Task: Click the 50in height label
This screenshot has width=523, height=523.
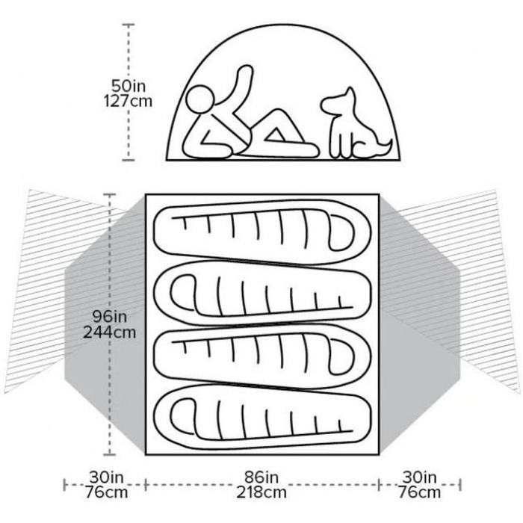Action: coord(129,86)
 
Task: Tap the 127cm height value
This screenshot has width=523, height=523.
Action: coord(128,101)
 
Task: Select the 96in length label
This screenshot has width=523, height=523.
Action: coord(110,316)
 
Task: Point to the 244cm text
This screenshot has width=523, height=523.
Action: coord(109,332)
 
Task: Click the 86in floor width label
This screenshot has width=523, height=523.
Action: coord(261,477)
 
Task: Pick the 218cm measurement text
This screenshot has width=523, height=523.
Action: coord(261,492)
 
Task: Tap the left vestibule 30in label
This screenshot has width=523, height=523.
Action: coord(106,477)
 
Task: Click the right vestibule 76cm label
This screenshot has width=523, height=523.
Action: coord(420,492)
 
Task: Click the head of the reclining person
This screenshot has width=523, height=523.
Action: coord(200,100)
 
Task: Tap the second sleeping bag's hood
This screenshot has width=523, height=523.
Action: coord(184,294)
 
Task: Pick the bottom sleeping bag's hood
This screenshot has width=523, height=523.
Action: coord(184,417)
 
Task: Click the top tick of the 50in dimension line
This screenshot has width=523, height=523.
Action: coord(129,25)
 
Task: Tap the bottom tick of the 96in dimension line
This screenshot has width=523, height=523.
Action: coord(110,454)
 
